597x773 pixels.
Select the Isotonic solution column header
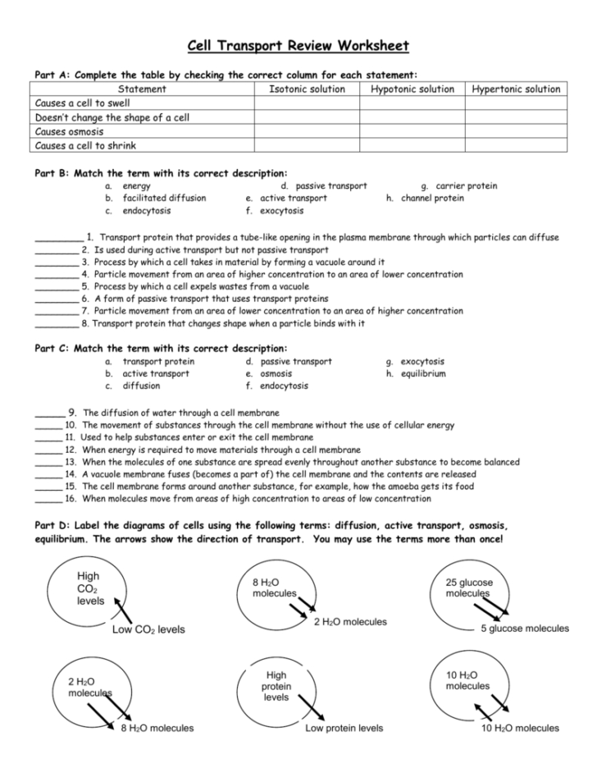[x=307, y=89]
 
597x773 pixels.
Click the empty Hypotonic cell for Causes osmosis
[x=412, y=131]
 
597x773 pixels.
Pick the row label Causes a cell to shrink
[x=86, y=145]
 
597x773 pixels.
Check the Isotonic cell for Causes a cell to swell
[x=307, y=103]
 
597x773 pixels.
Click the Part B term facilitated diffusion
[x=164, y=198]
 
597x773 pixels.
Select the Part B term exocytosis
[x=280, y=210]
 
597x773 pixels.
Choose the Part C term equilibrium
[x=423, y=373]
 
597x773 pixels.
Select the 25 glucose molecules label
[x=470, y=588]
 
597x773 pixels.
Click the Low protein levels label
[x=343, y=728]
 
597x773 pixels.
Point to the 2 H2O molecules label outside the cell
[x=350, y=622]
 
